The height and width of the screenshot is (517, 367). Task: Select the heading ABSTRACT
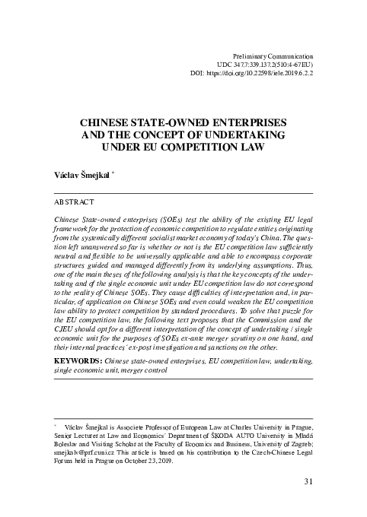tap(75, 202)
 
